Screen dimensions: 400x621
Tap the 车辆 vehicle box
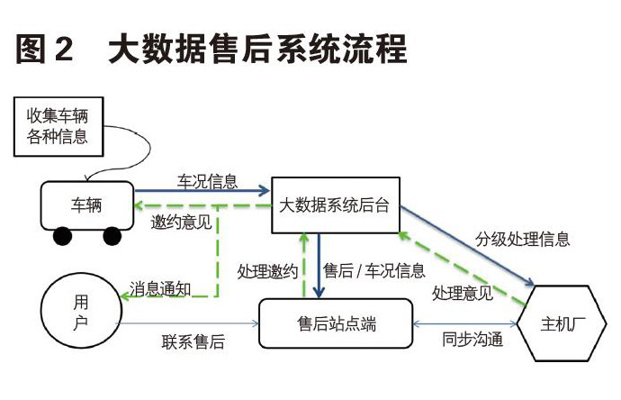pos(87,205)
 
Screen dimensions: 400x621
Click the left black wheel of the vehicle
pos(63,236)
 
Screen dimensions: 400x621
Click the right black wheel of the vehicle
pos(112,236)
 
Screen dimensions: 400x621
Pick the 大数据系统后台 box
pos(334,205)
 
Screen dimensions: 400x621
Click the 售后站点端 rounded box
pos(334,323)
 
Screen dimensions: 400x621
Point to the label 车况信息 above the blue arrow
pos(209,180)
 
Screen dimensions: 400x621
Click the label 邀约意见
pos(180,223)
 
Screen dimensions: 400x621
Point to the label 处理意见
pos(462,292)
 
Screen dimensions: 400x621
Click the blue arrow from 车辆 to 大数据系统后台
pos(202,191)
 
